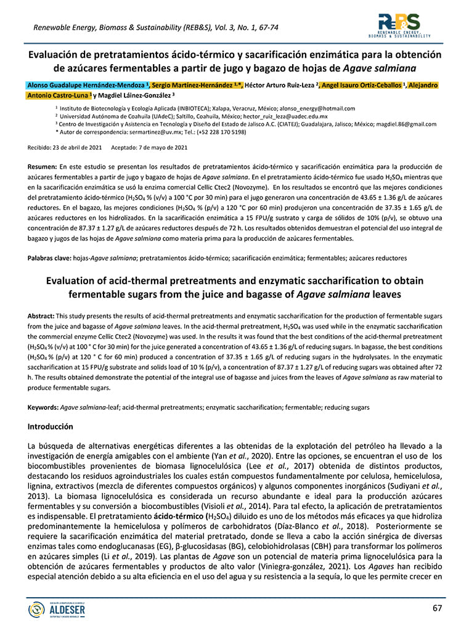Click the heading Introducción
click(51, 426)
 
